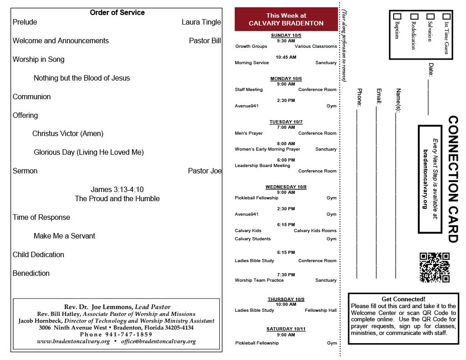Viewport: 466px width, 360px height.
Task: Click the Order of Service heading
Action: tap(117, 13)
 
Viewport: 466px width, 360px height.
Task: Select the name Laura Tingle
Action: tap(201, 22)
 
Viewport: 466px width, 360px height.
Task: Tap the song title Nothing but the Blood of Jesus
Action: tap(82, 78)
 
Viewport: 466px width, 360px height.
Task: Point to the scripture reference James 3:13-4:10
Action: tap(117, 189)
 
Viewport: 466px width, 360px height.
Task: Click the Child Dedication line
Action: tap(38, 254)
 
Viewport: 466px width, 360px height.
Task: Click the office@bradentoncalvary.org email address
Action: tap(158, 341)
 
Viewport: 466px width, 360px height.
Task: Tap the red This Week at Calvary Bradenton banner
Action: tap(286, 20)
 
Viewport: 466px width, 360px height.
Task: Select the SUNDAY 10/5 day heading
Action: tap(286, 35)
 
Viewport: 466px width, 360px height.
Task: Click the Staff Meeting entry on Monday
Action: tap(248, 90)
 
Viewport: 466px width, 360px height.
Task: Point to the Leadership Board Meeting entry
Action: tap(262, 166)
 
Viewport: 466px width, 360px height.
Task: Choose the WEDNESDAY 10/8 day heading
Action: tap(286, 187)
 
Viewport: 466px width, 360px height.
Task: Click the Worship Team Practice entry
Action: tap(259, 280)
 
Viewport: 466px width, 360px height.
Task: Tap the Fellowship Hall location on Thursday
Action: tap(320, 310)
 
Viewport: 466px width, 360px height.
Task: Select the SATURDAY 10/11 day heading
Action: tap(286, 329)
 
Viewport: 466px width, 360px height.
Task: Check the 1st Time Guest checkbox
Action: tap(446, 16)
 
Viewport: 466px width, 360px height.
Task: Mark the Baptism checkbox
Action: tap(397, 16)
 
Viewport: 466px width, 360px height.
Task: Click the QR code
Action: tap(434, 267)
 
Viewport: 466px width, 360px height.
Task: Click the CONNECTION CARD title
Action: tap(453, 179)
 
